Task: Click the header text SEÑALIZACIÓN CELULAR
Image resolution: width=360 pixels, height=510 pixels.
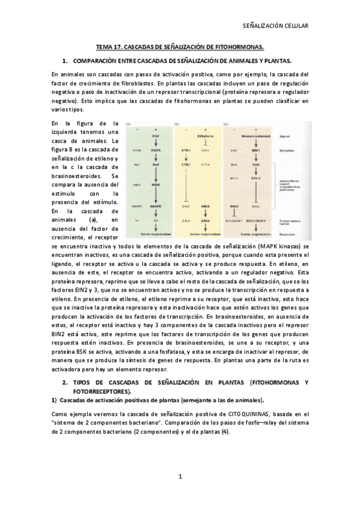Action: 275,26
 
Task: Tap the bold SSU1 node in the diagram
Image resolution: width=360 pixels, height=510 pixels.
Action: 256,179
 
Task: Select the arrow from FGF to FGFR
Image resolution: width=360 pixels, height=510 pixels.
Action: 156,144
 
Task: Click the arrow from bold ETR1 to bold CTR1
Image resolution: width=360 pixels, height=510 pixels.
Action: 186,156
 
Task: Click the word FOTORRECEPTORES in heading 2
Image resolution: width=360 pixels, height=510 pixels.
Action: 100,391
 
